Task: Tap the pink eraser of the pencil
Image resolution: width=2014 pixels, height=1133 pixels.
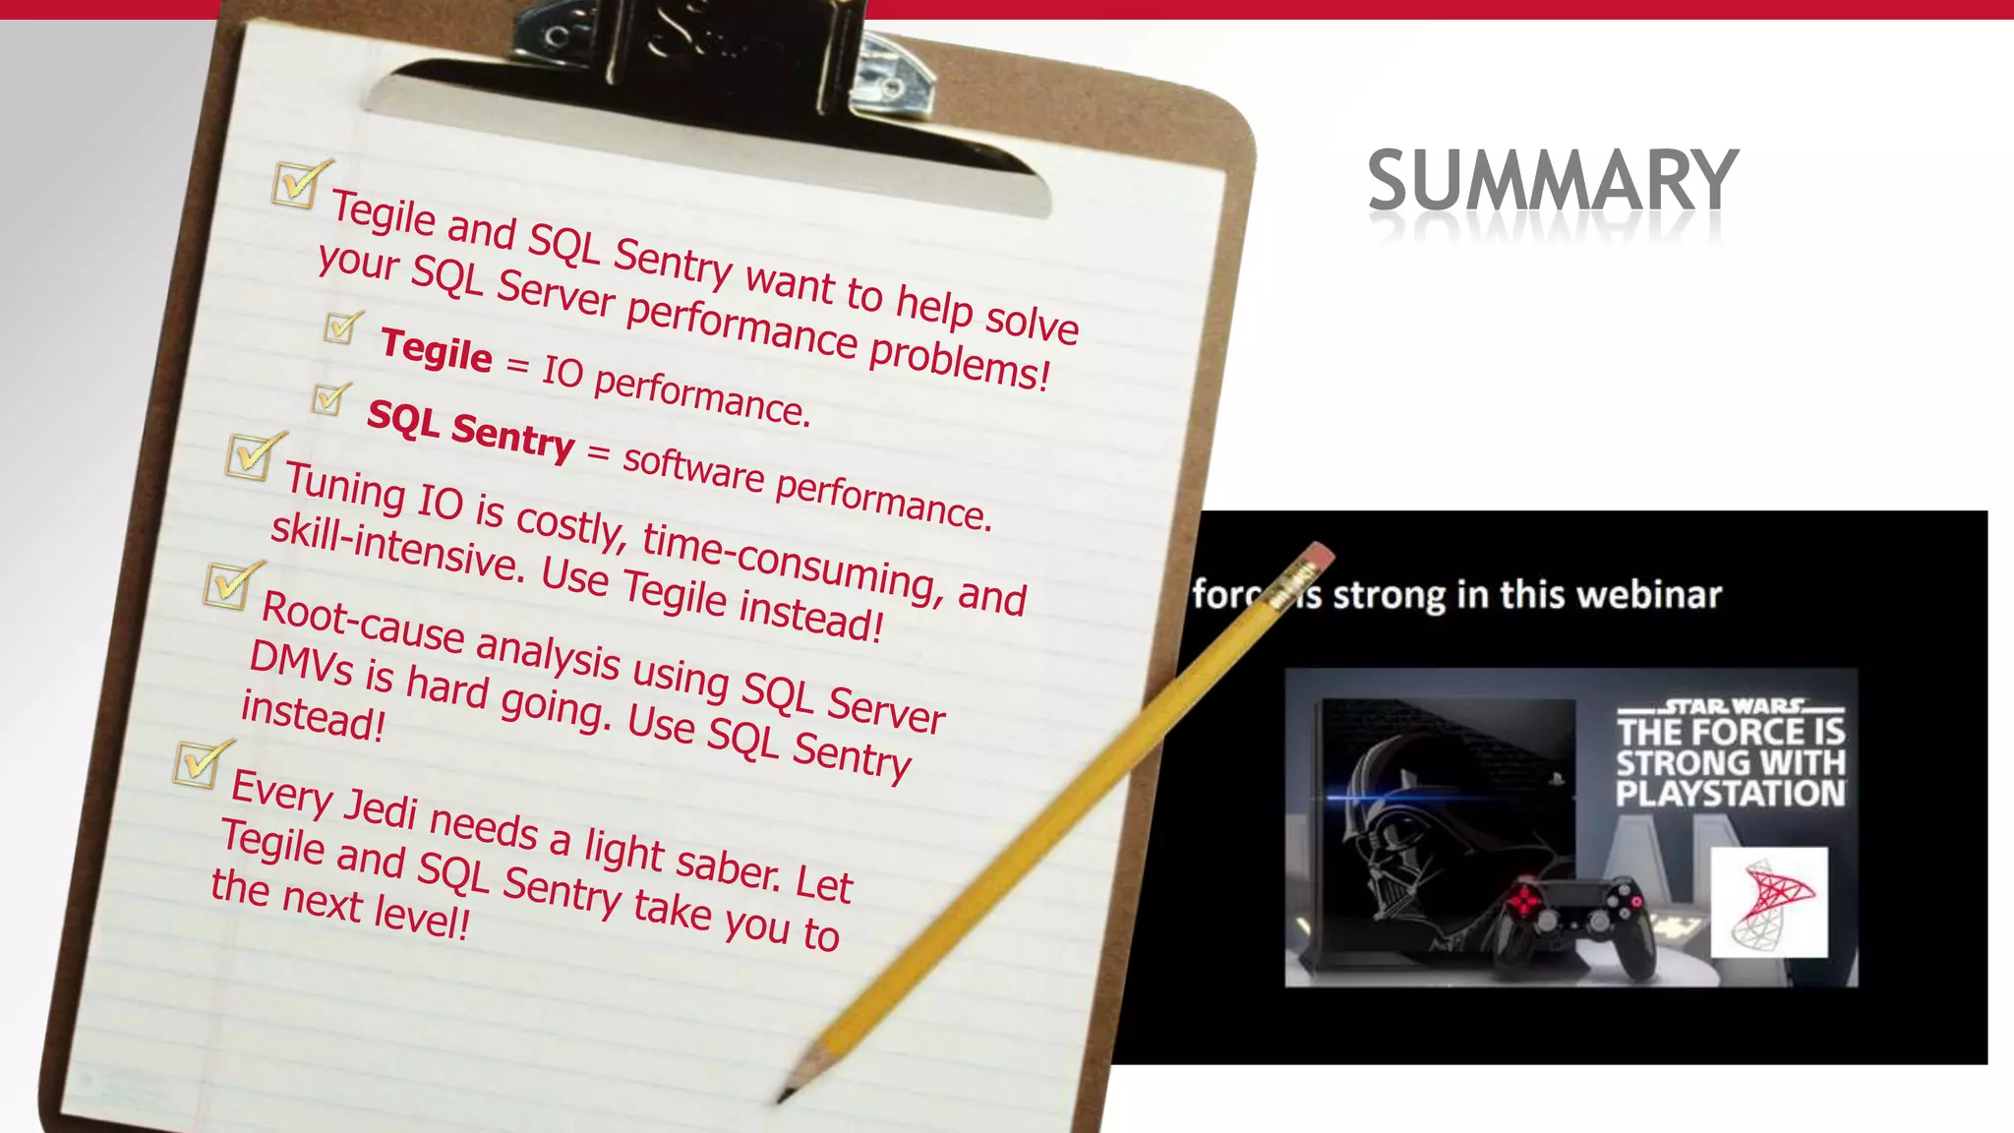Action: [1317, 557]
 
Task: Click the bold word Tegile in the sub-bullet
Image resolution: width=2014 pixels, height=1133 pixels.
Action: [436, 350]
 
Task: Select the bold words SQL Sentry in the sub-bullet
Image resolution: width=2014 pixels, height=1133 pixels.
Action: [470, 431]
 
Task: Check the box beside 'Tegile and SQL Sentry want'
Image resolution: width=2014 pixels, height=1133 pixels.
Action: [296, 184]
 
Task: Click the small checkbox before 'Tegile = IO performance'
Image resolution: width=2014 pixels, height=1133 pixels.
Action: [340, 328]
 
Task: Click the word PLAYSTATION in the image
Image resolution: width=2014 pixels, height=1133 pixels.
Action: [1730, 794]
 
